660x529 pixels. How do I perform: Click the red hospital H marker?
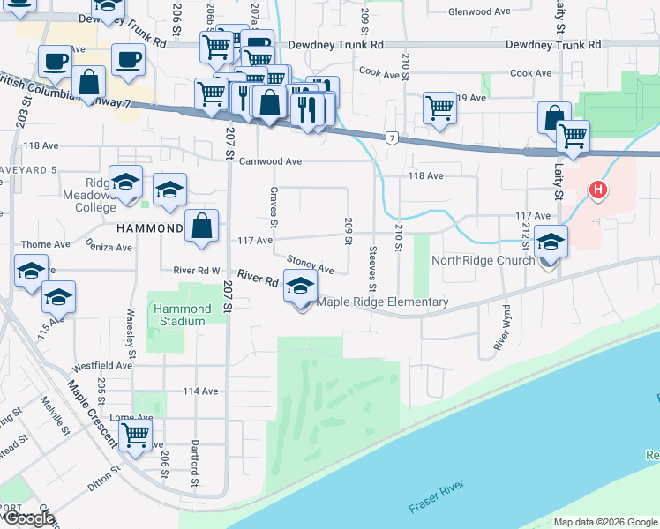pos(598,190)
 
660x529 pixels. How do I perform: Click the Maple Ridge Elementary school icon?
pos(301,288)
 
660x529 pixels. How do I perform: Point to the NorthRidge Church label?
pos(483,260)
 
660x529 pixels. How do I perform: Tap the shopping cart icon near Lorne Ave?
pos(135,434)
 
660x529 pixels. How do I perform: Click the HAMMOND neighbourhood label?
pos(148,227)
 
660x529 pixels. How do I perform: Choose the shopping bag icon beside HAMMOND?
pos(202,226)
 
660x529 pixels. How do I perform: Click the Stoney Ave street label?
pos(311,264)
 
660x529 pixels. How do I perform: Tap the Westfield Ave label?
pos(102,364)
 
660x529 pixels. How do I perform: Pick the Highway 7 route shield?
pos(391,138)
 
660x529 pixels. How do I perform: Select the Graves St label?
pos(274,206)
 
